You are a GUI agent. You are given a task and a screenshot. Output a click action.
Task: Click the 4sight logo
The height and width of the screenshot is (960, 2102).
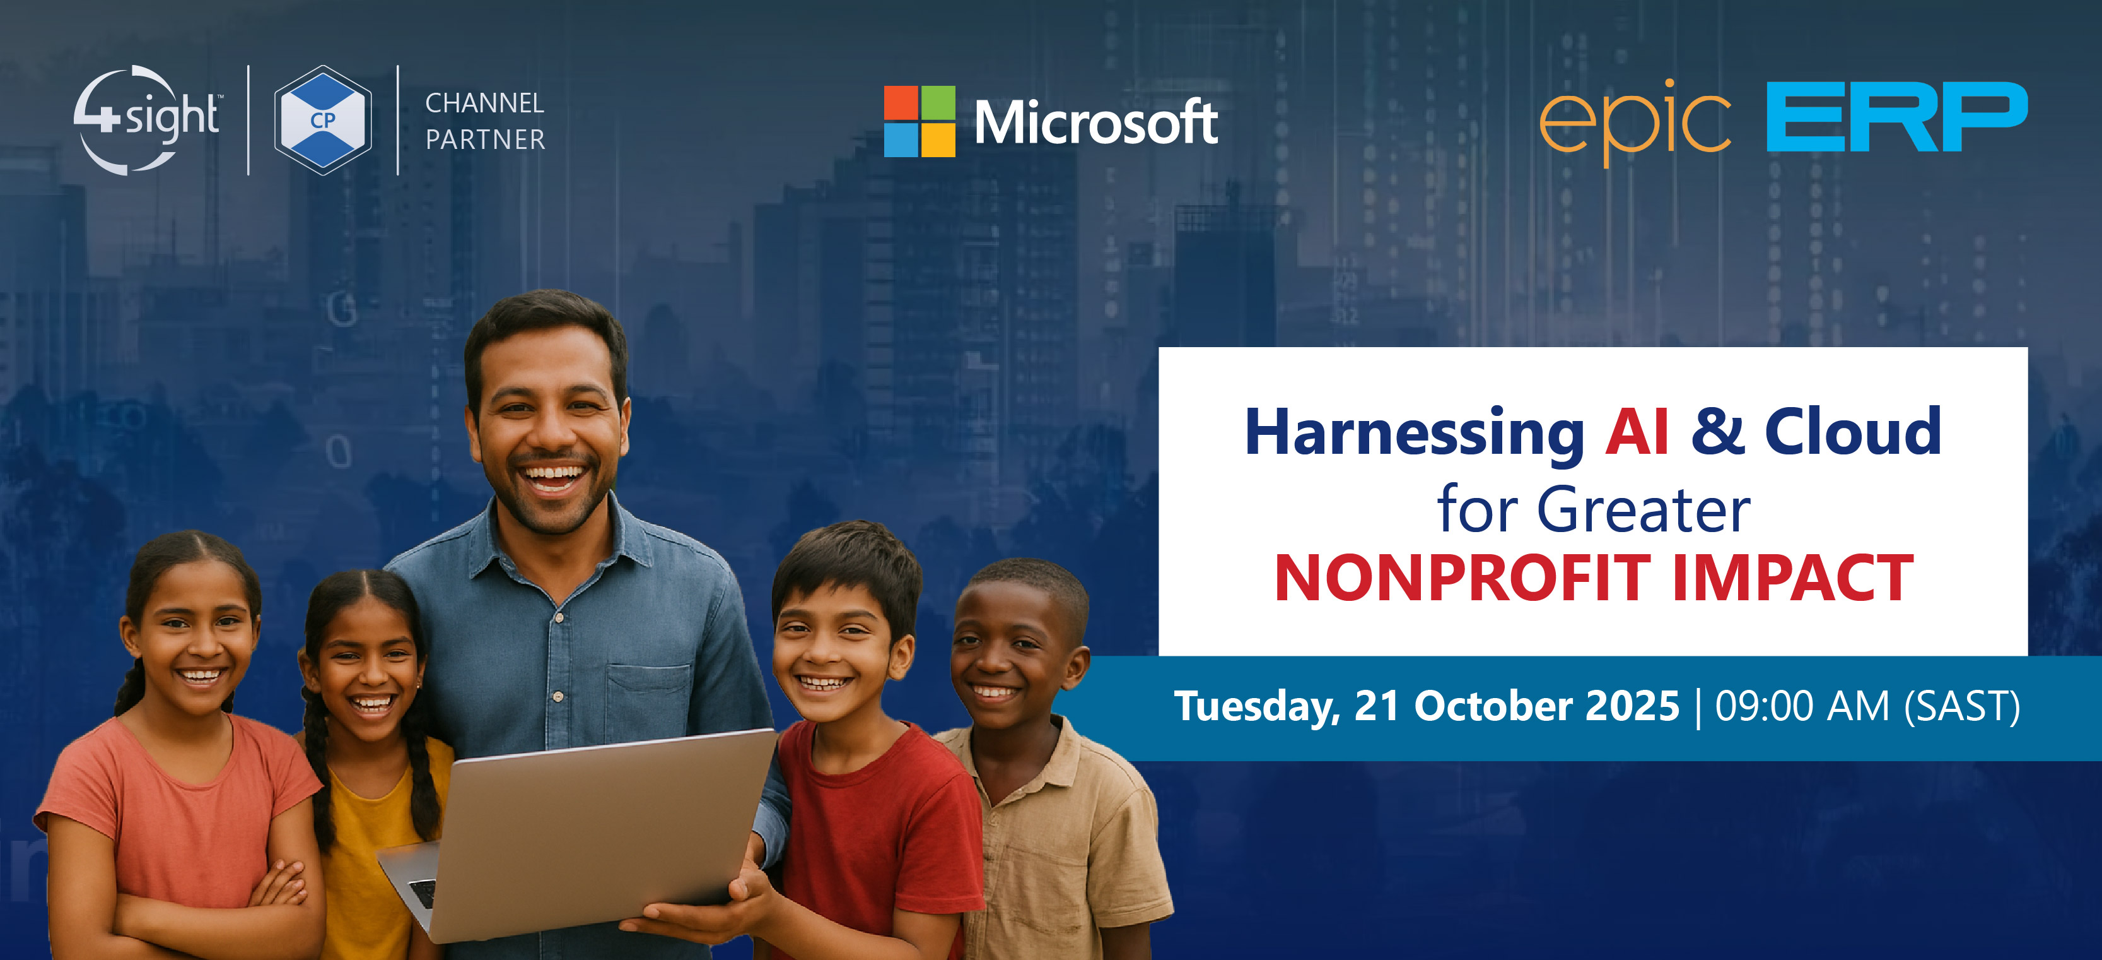(147, 120)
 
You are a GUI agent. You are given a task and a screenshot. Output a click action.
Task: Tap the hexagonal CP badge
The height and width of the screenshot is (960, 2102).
(323, 120)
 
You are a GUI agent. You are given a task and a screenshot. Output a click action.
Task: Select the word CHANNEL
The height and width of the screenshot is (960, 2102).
(485, 103)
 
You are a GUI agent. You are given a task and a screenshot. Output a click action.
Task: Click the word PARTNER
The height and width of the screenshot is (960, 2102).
(486, 139)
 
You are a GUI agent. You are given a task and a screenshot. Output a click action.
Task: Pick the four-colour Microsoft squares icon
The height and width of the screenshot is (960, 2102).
(920, 121)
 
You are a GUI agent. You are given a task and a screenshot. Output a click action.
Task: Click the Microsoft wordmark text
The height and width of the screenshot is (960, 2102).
(1096, 122)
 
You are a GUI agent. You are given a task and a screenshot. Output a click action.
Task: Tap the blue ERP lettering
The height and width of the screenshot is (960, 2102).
(1897, 117)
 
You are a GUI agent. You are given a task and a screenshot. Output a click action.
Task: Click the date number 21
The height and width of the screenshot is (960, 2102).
(1377, 706)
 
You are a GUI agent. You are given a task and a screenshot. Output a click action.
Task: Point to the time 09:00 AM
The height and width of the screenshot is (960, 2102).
(1802, 706)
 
